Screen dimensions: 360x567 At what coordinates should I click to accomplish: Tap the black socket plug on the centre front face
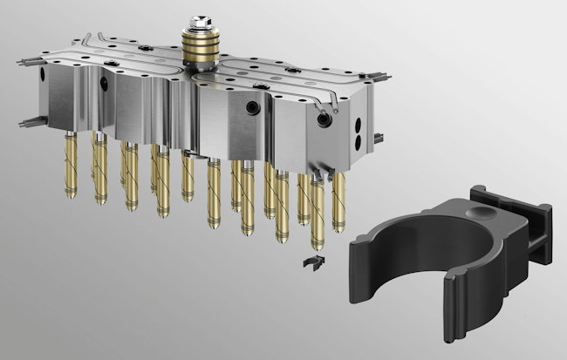click(253, 107)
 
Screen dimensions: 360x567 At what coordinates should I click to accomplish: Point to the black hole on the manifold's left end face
click(106, 85)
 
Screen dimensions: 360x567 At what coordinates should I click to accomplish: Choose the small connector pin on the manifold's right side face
click(379, 137)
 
